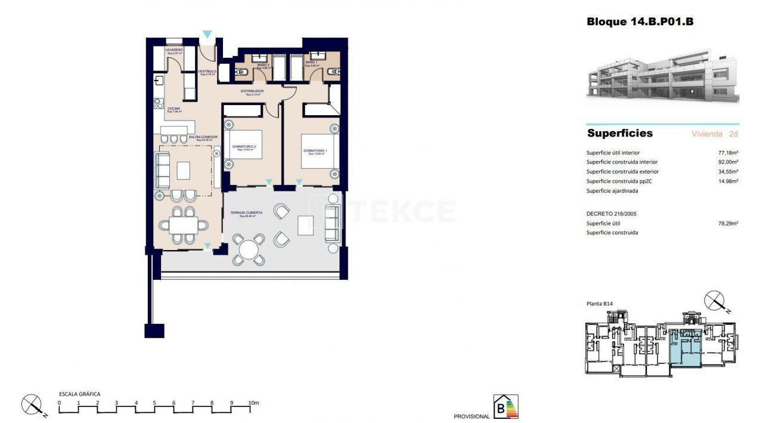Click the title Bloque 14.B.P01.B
point(640,22)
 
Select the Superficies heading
point(620,133)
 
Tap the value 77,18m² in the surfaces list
point(728,153)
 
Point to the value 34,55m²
point(728,172)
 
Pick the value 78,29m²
point(728,223)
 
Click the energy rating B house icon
point(506,407)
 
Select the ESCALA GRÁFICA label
point(79,394)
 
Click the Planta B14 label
point(600,304)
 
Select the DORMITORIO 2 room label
point(246,147)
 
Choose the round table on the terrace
point(249,248)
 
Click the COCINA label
point(174,109)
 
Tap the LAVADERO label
point(174,50)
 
